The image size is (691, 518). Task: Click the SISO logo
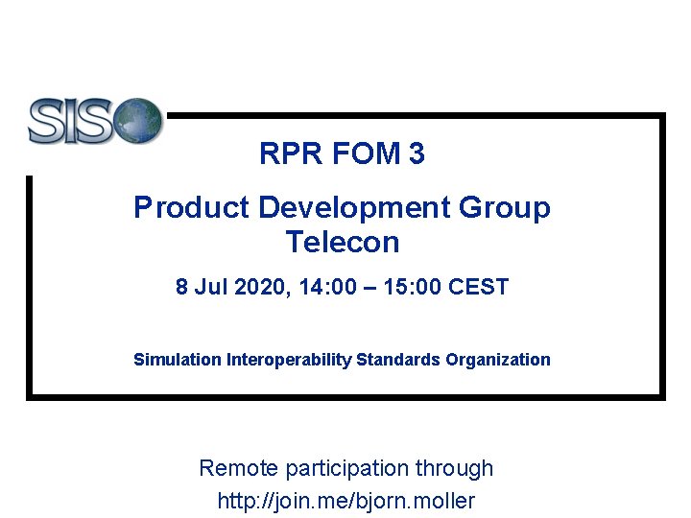click(94, 121)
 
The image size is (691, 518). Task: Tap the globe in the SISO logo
click(139, 120)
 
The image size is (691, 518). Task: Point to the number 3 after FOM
click(417, 153)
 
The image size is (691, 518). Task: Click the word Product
click(178, 207)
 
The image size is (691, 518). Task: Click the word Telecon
click(342, 242)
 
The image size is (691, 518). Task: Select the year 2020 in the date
click(249, 287)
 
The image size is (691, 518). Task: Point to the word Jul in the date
click(207, 287)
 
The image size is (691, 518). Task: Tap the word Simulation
click(178, 360)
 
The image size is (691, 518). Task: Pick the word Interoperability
click(289, 360)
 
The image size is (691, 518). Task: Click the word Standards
click(398, 360)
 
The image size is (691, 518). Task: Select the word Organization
click(498, 360)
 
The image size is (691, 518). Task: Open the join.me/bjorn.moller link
click(346, 501)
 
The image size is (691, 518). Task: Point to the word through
click(454, 469)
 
